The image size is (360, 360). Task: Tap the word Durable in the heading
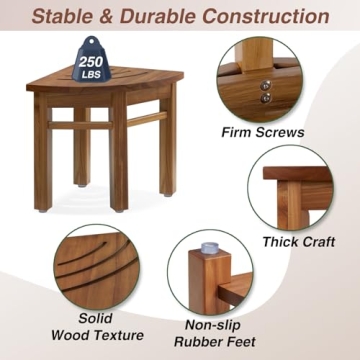(x=164, y=16)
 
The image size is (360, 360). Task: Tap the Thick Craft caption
(x=298, y=241)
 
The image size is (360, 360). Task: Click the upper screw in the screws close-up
(x=266, y=85)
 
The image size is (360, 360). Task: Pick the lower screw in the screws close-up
(x=266, y=98)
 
